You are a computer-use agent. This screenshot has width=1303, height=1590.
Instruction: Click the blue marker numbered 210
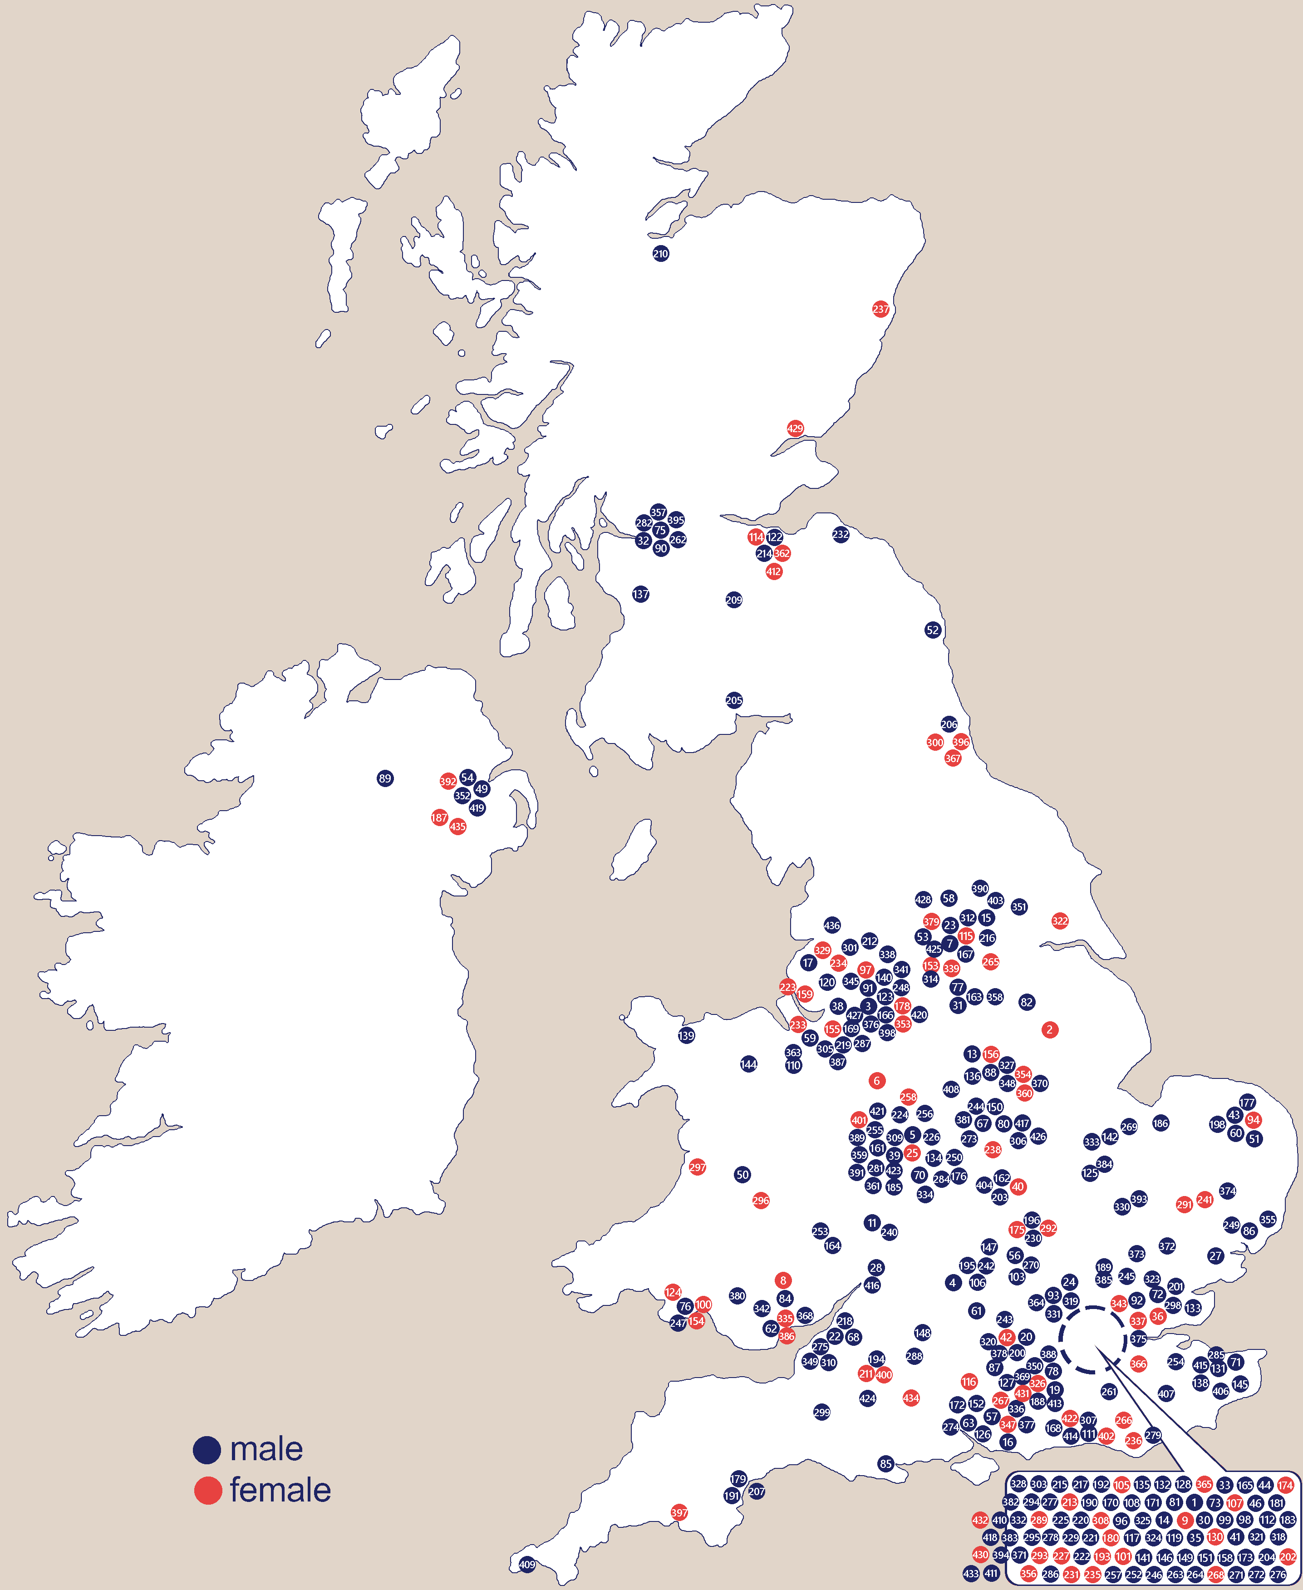pyautogui.click(x=660, y=254)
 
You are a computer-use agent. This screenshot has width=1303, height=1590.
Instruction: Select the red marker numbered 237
pyautogui.click(x=880, y=309)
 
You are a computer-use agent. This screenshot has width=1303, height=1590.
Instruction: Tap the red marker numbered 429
pyautogui.click(x=795, y=428)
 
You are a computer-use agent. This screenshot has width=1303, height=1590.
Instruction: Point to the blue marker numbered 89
pyautogui.click(x=385, y=778)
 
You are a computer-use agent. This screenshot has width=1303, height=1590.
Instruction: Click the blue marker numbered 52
pyautogui.click(x=932, y=630)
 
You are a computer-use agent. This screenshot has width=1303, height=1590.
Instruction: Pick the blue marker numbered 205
pyautogui.click(x=734, y=700)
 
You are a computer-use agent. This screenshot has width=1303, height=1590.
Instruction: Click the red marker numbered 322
pyautogui.click(x=1060, y=921)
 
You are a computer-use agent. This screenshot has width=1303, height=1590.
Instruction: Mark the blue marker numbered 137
pyautogui.click(x=640, y=595)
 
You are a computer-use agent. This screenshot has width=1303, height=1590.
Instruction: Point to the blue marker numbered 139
pyautogui.click(x=686, y=1036)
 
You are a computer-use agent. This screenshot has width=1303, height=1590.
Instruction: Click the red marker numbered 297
pyautogui.click(x=697, y=1167)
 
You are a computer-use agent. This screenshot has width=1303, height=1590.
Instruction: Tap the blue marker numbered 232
pyautogui.click(x=841, y=535)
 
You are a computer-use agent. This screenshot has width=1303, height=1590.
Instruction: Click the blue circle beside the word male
pyautogui.click(x=207, y=1450)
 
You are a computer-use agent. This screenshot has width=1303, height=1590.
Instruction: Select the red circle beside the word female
pyautogui.click(x=208, y=1490)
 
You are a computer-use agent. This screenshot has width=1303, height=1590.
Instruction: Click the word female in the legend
pyautogui.click(x=280, y=1490)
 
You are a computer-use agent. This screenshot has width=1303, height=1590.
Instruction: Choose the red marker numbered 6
pyautogui.click(x=877, y=1081)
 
